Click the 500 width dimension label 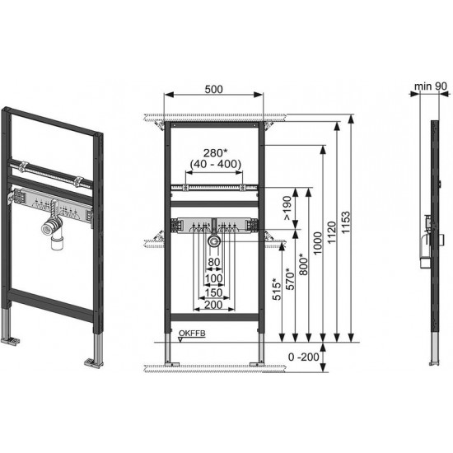(x=214, y=89)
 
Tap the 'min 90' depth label (x=431, y=86)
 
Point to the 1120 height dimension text (x=332, y=232)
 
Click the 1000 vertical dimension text (x=317, y=243)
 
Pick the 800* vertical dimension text (x=303, y=264)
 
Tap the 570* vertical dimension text (x=290, y=278)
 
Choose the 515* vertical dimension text (x=277, y=289)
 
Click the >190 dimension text (x=287, y=208)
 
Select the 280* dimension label (x=214, y=153)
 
